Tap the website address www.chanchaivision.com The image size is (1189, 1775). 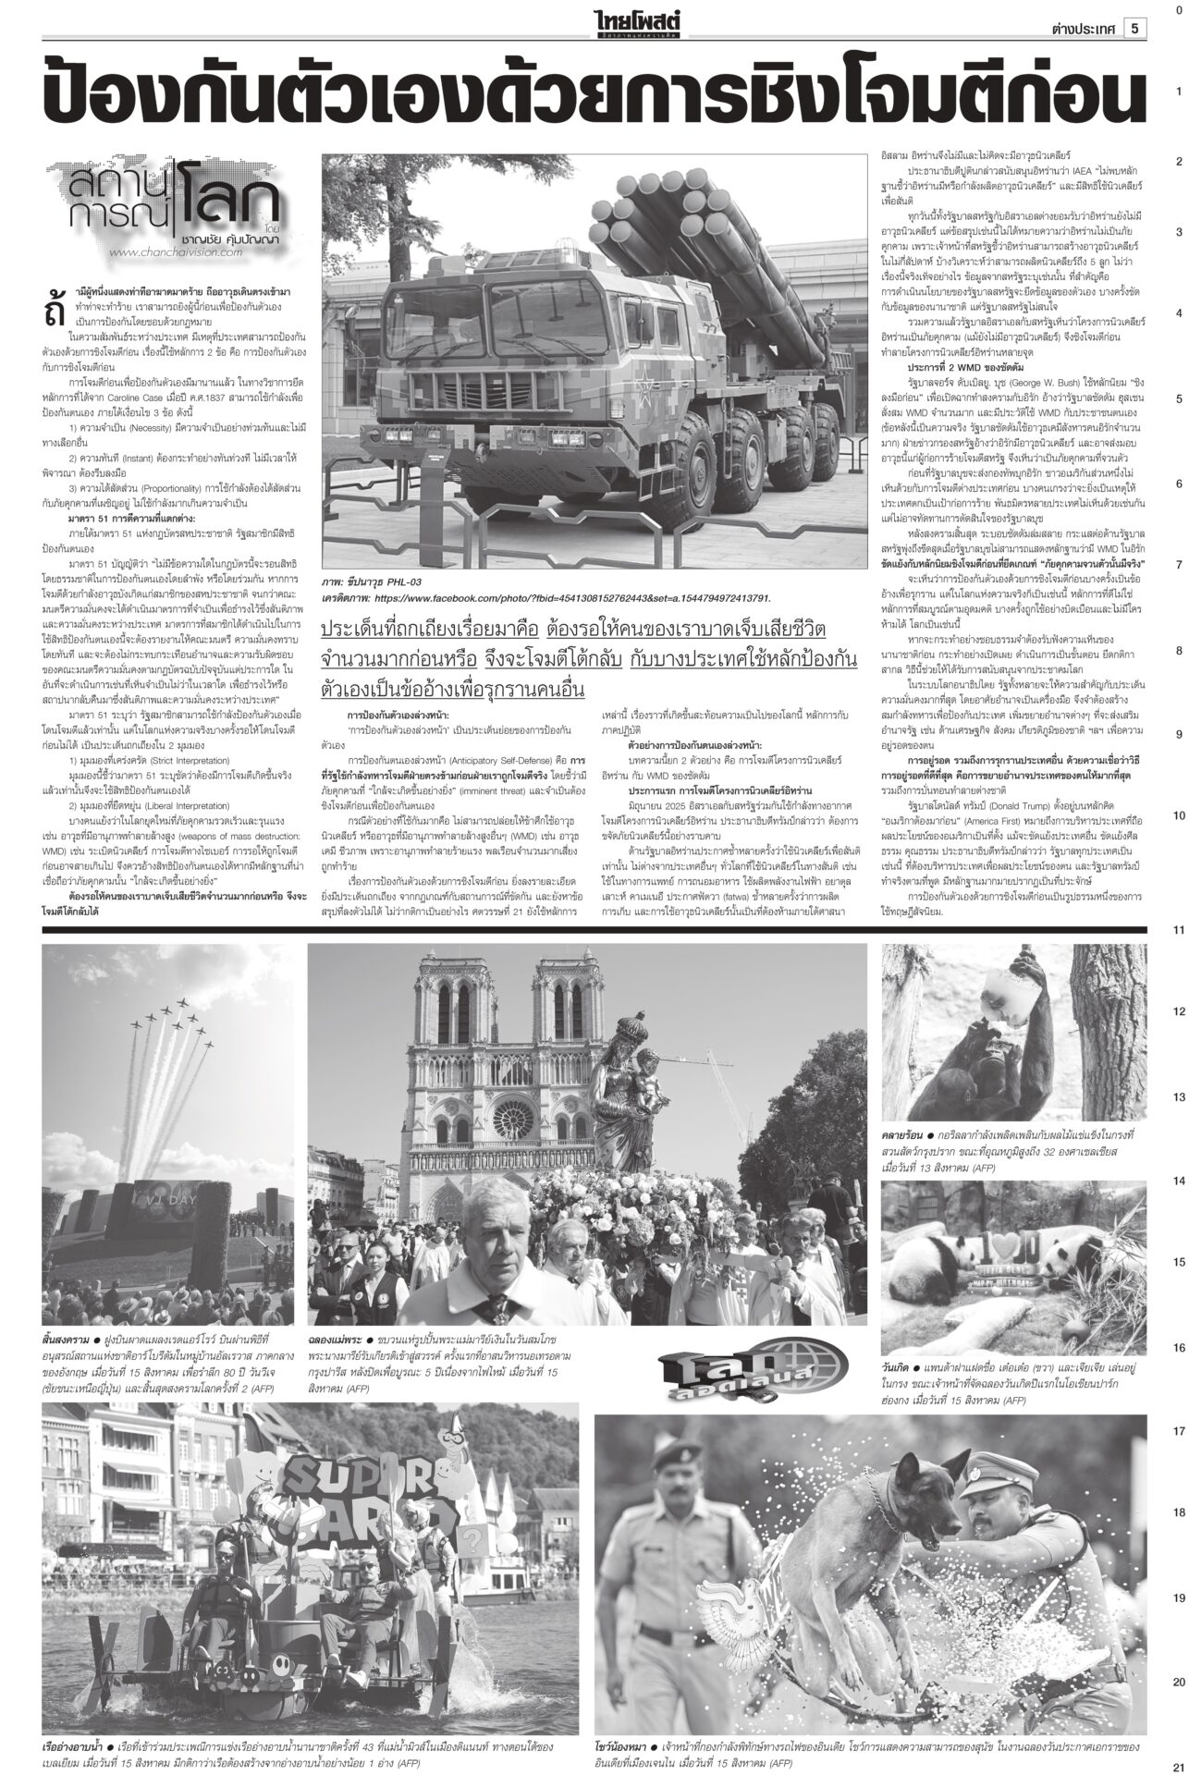click(x=175, y=251)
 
